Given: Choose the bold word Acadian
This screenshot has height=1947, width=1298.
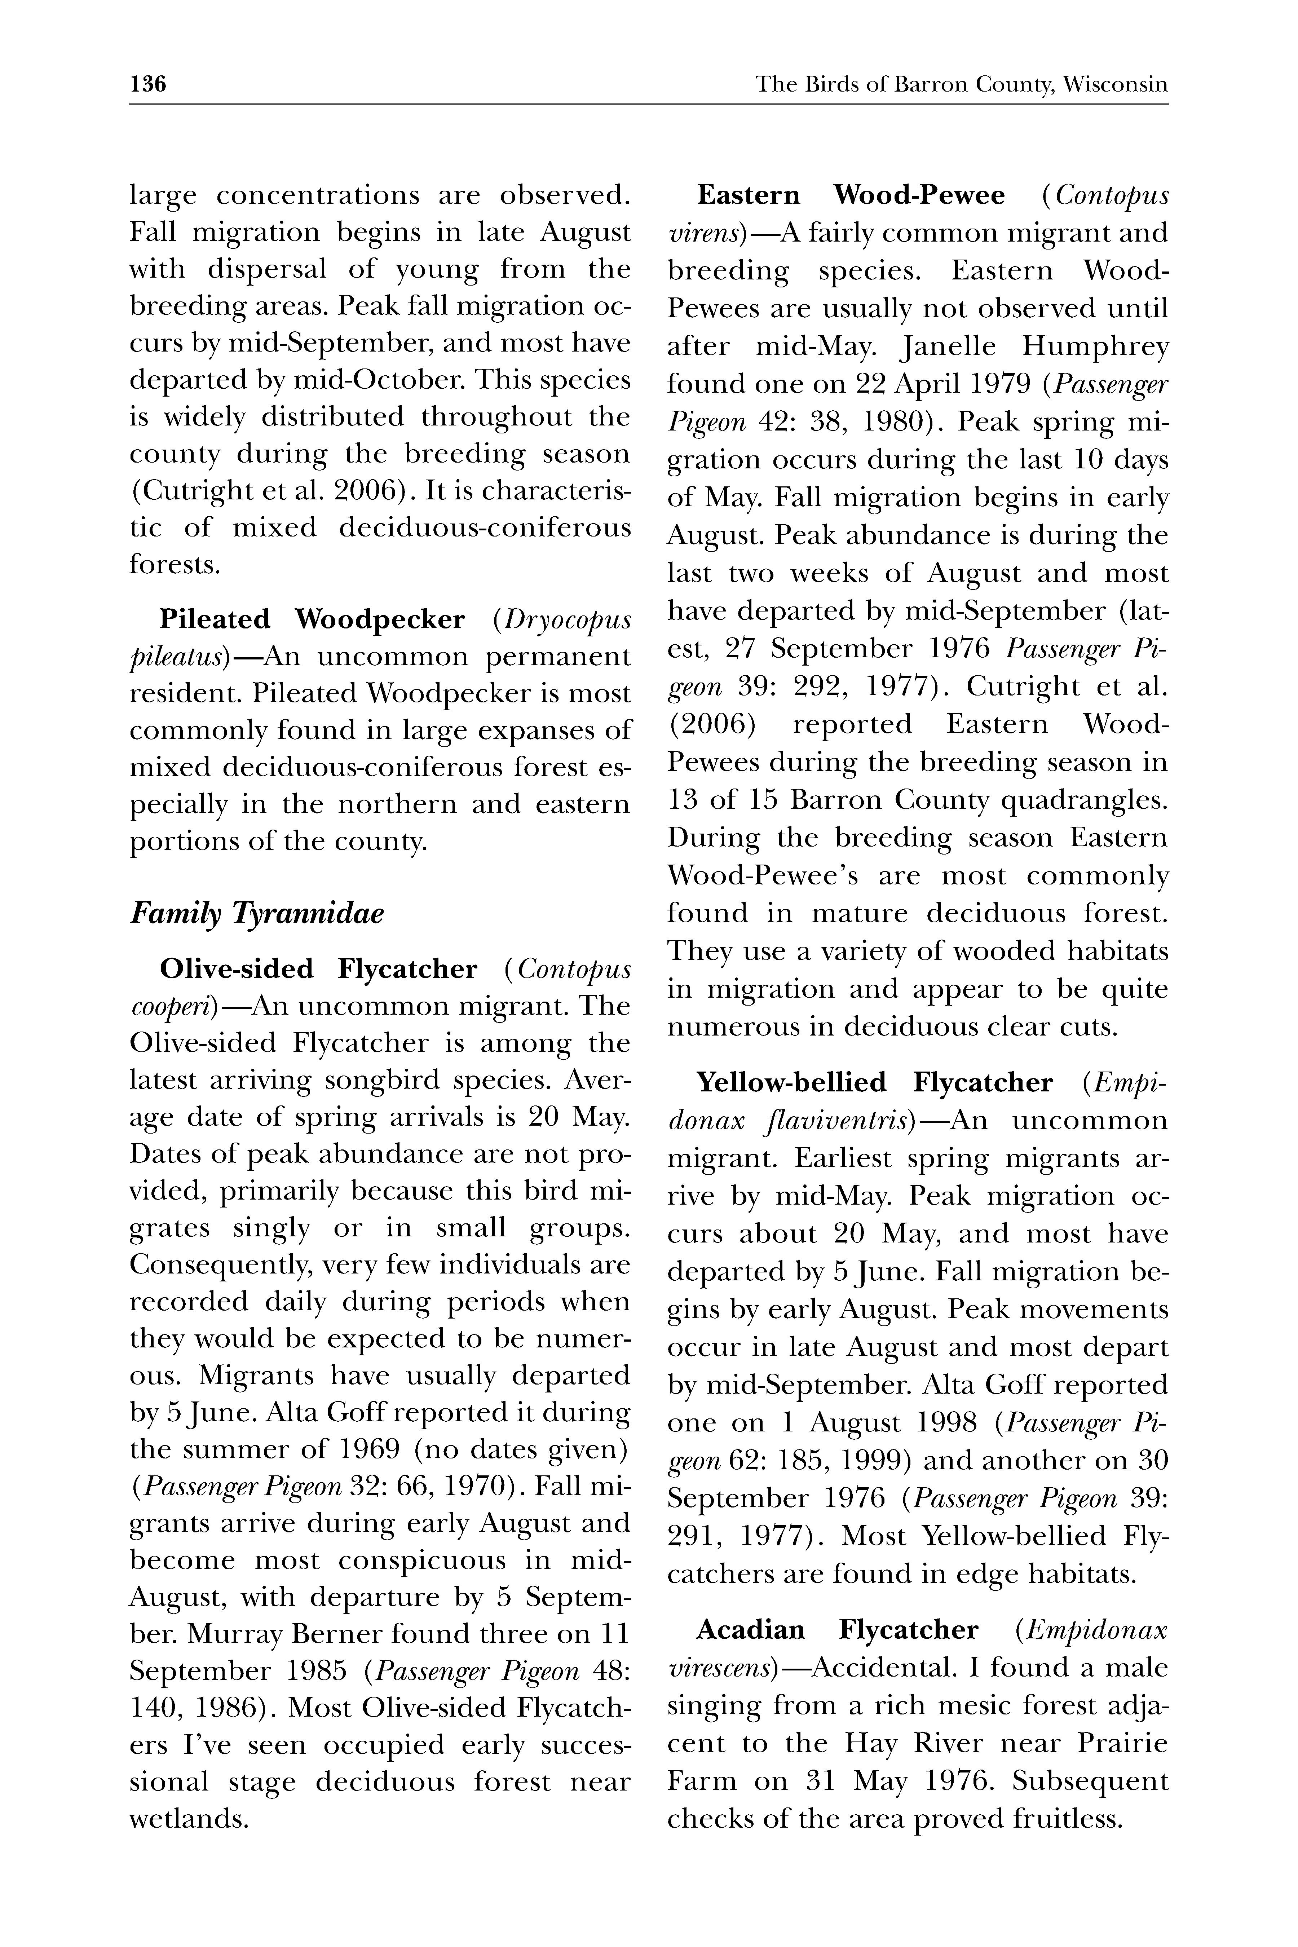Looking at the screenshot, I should click(x=750, y=1630).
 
